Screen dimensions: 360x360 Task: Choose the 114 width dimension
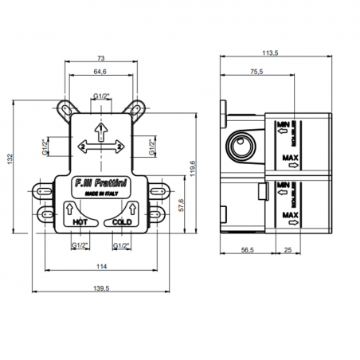(101, 265)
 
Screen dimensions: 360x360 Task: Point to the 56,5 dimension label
(248, 249)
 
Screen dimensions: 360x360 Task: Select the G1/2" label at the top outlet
(102, 96)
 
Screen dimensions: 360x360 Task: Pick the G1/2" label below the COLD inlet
(121, 245)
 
